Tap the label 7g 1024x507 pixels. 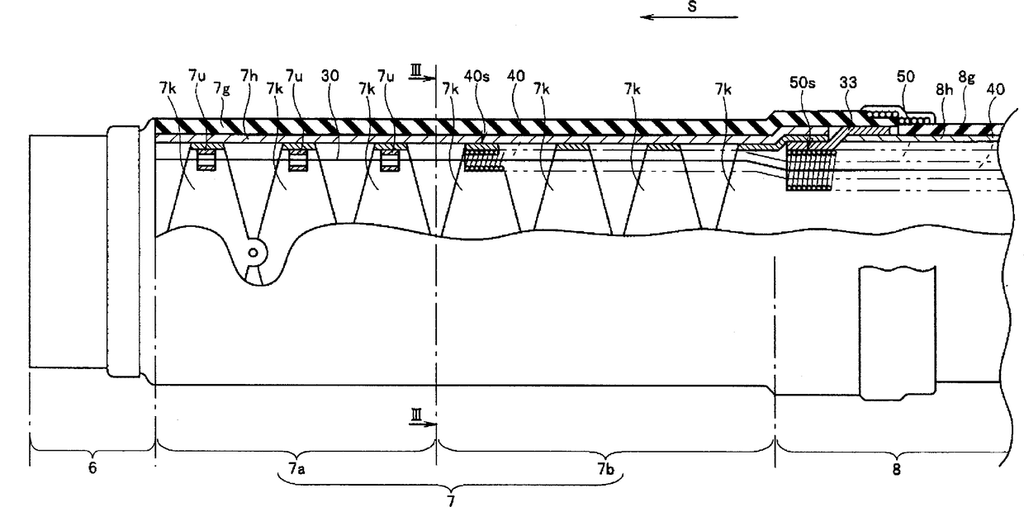[222, 87]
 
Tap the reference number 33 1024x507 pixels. [848, 83]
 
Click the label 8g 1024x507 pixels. [966, 76]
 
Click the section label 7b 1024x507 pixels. [606, 468]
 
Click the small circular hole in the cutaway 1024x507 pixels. [254, 253]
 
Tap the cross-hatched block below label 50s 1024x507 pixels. [807, 168]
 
